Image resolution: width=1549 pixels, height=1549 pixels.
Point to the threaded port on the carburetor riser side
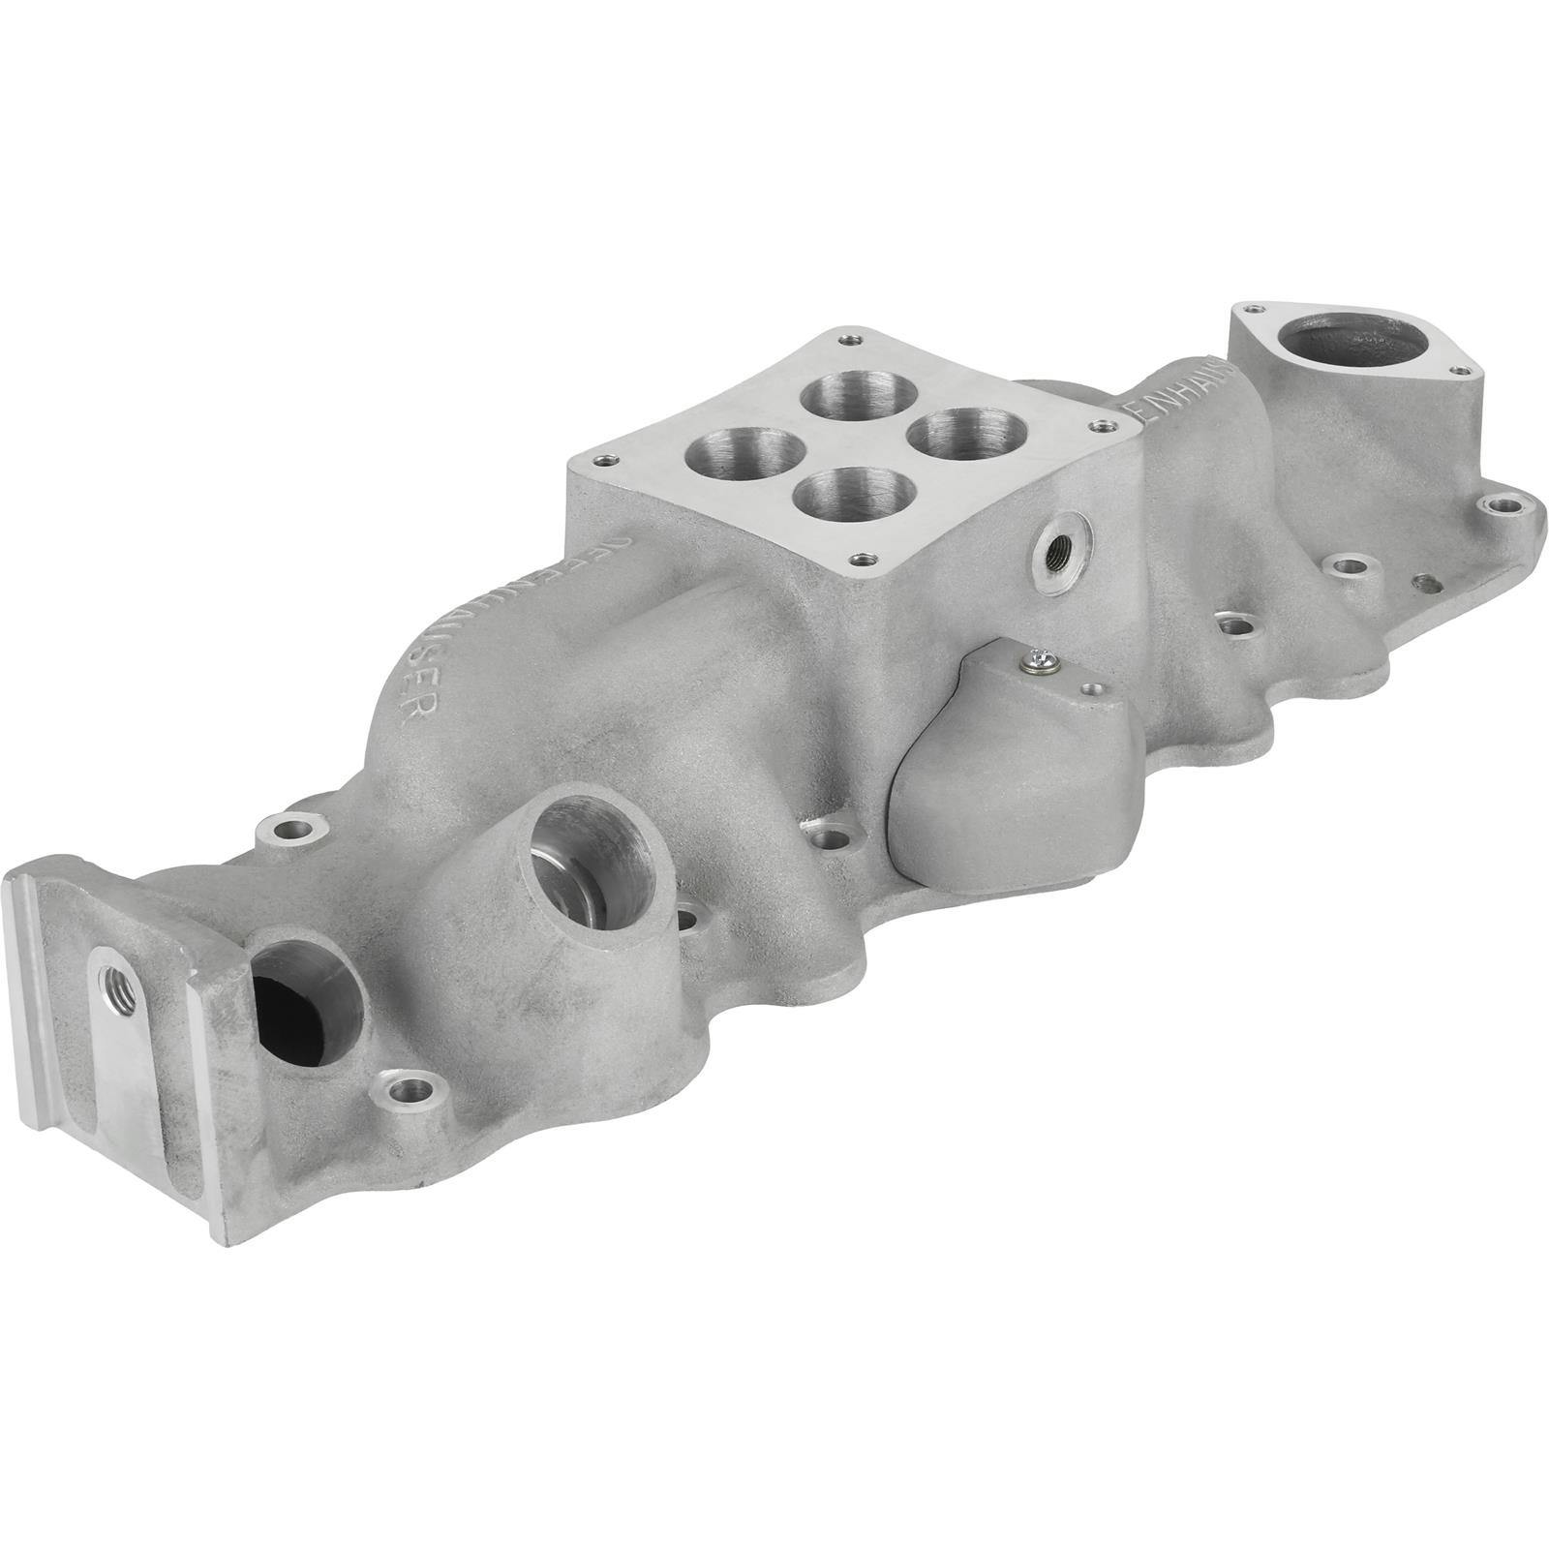[x=1058, y=552]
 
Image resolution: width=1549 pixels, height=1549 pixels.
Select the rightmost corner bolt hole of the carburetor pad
[x=1096, y=422]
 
